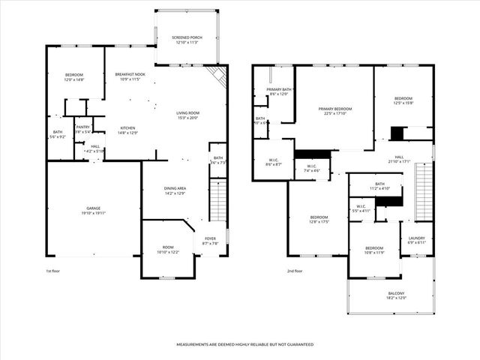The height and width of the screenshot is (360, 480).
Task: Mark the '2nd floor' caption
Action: point(295,271)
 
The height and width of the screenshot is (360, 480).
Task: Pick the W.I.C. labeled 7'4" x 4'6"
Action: point(312,169)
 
